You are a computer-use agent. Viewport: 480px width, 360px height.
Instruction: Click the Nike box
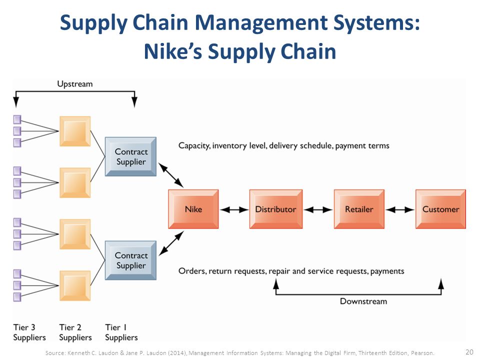(193, 209)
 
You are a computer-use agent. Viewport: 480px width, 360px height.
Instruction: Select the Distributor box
(276, 209)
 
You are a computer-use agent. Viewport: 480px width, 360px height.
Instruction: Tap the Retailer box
(359, 209)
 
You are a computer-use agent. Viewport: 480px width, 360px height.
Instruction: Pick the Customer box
(440, 209)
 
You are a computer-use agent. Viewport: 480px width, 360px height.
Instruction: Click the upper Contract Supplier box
(130, 156)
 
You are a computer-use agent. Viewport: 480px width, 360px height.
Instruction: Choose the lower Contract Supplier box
(130, 260)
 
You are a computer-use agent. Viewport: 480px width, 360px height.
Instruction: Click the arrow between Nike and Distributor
(234, 209)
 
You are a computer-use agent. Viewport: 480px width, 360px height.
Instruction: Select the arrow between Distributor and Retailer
(318, 209)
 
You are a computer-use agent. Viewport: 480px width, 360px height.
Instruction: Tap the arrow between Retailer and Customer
(400, 209)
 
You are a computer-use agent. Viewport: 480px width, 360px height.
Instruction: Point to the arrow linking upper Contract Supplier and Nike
(171, 175)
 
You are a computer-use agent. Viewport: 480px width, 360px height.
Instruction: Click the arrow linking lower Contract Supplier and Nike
(171, 243)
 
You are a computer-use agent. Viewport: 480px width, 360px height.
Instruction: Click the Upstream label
(75, 84)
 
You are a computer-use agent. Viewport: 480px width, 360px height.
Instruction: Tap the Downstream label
(363, 301)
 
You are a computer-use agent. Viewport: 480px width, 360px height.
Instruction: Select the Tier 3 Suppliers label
(29, 332)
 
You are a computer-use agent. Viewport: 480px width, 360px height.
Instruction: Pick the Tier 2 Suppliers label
(75, 332)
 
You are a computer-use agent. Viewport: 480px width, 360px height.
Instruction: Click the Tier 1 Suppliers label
(121, 332)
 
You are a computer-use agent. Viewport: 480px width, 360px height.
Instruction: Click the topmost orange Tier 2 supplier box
(75, 131)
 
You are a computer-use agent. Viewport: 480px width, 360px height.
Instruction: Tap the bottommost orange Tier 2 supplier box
(75, 285)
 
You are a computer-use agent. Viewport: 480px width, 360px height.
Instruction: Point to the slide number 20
(469, 352)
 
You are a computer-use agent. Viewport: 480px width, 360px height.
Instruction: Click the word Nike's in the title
(173, 51)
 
